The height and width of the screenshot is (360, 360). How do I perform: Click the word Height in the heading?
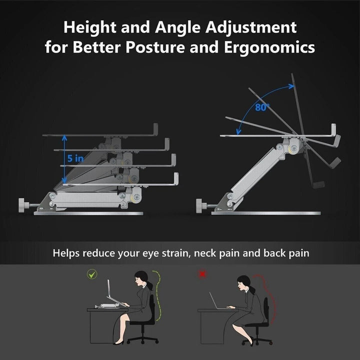coord(90,27)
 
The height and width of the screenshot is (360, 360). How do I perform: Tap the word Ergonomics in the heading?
coord(269,47)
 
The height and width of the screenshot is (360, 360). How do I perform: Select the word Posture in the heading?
coord(155,47)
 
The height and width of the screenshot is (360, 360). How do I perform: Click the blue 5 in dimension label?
coord(75,158)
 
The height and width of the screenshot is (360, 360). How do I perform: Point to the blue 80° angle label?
coord(262,107)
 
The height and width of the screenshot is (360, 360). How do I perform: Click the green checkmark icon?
coord(92,274)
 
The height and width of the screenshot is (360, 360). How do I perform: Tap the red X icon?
coord(202,274)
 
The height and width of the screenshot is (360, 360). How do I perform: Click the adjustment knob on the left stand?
coord(23,205)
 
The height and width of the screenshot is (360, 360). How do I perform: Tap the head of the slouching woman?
coord(244,283)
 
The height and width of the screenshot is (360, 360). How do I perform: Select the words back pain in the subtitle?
coord(286,253)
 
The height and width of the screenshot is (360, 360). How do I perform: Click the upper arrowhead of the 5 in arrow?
coord(64,137)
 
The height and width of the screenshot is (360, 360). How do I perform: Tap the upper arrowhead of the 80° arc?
coord(291,86)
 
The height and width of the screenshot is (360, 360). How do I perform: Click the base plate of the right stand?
coord(266,213)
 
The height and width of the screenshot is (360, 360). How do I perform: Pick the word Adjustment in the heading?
coord(251,28)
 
